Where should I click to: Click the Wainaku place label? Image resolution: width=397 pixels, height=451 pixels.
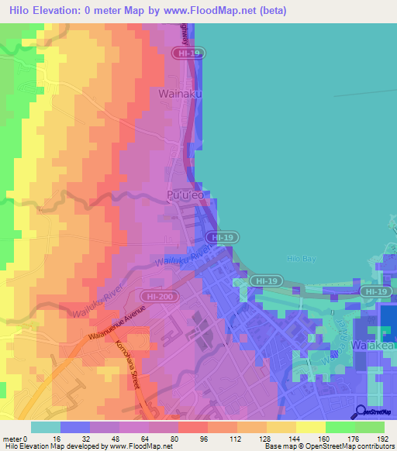[180, 94]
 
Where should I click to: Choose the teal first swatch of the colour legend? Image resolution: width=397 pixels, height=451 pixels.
[46, 427]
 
